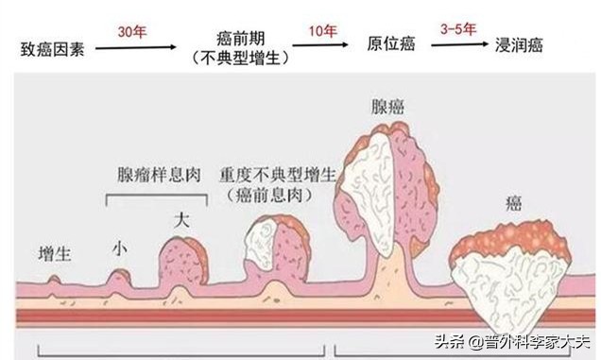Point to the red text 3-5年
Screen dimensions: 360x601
pyautogui.click(x=458, y=30)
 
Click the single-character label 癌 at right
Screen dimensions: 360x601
pyautogui.click(x=514, y=204)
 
